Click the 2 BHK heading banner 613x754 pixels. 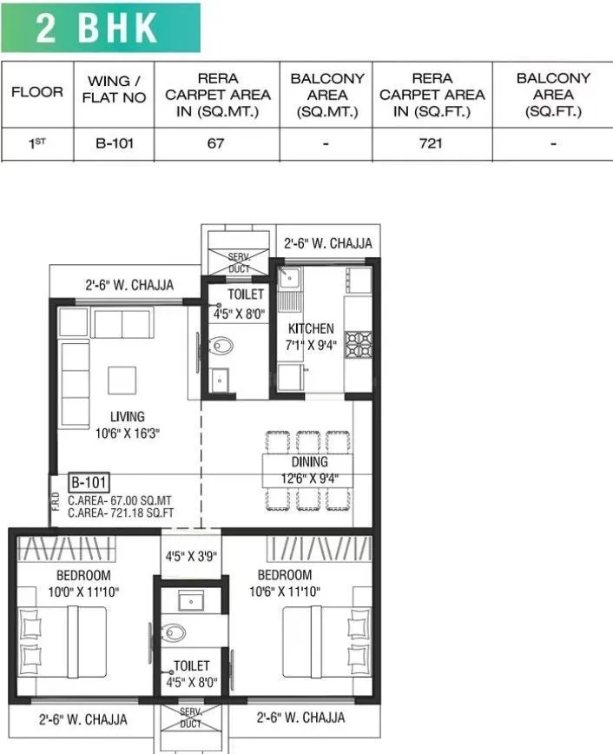point(99,28)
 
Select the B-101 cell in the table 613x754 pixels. point(114,143)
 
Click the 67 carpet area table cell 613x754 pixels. point(216,143)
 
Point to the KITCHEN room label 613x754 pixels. point(311,329)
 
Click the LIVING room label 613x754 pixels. point(127,417)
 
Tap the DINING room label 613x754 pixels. point(309,462)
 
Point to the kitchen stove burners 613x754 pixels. point(358,345)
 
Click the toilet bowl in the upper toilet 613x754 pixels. point(222,346)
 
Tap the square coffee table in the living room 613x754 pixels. point(122,380)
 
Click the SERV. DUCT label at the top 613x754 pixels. point(239,263)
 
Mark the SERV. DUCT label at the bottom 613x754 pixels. point(190,717)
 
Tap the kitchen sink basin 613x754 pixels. point(289,278)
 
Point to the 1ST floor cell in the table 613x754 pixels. point(36,143)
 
